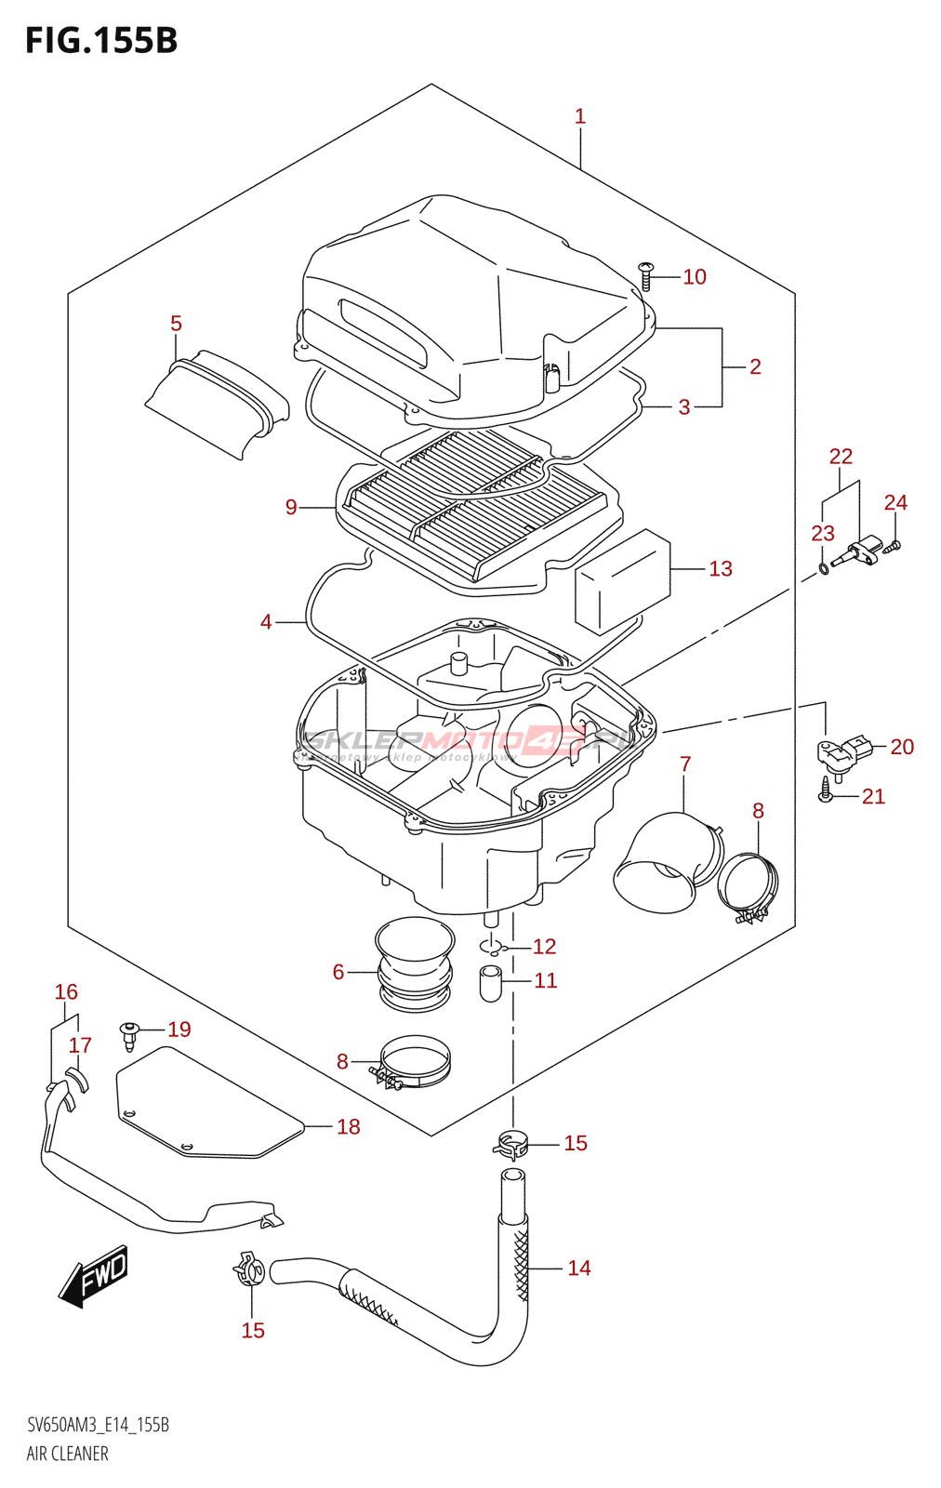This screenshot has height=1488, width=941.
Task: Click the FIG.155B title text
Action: tap(101, 41)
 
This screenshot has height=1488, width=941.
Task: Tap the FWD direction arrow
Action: tap(94, 1275)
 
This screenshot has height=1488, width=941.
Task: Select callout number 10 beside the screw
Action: tap(694, 277)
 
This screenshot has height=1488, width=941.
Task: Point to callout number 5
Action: tap(176, 324)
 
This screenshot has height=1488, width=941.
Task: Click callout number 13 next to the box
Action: tap(720, 569)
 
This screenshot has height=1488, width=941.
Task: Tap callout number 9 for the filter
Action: tap(291, 507)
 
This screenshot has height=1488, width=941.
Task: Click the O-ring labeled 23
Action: tap(824, 568)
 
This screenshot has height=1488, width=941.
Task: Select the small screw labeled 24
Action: tap(895, 546)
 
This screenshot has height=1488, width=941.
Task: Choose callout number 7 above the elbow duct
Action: tap(685, 764)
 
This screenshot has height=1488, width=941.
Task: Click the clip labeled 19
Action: tap(129, 1033)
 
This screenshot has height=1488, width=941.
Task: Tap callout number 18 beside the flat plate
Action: tap(348, 1127)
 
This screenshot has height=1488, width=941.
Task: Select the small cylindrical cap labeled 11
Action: tap(491, 983)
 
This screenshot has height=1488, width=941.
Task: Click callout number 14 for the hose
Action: tap(578, 1269)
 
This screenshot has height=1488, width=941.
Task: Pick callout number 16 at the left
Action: tap(66, 992)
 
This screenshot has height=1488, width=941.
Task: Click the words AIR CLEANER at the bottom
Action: tap(67, 1454)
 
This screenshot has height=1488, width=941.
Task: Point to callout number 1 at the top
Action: tap(579, 117)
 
